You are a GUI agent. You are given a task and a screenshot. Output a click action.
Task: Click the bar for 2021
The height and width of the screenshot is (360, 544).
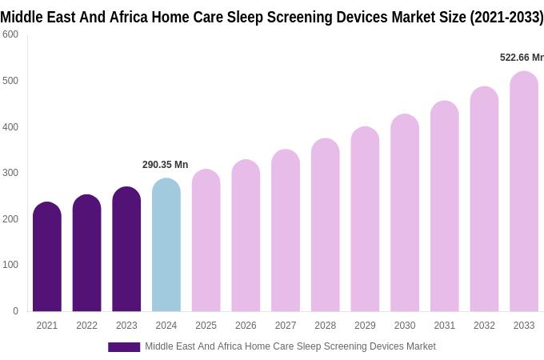(47, 258)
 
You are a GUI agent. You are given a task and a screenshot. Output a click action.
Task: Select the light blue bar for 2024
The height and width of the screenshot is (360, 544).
(166, 246)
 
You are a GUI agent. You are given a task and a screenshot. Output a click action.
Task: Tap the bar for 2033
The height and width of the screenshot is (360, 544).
(524, 192)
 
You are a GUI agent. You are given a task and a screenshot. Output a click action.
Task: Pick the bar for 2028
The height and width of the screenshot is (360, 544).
(326, 226)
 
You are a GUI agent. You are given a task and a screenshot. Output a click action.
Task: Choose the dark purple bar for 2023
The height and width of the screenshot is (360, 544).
(126, 250)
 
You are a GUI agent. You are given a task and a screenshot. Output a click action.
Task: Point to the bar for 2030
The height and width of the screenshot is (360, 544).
(405, 214)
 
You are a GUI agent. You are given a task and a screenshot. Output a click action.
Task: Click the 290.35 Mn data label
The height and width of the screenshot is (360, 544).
(166, 165)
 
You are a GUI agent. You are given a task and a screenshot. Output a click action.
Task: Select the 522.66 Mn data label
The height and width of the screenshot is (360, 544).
(522, 58)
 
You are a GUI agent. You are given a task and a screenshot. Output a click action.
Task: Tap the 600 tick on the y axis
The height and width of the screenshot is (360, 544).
(10, 34)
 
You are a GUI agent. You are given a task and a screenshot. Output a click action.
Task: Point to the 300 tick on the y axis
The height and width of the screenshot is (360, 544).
(10, 173)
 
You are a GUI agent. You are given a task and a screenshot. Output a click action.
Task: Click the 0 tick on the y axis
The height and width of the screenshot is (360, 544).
(15, 311)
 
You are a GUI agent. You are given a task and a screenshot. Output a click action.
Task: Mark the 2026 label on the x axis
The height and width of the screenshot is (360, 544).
(246, 326)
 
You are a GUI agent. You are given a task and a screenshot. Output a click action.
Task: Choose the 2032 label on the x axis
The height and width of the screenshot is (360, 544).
(484, 326)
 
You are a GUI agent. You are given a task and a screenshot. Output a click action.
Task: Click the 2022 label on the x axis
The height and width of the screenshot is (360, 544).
(86, 326)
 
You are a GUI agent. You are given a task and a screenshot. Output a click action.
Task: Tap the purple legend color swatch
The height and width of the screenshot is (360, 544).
(124, 347)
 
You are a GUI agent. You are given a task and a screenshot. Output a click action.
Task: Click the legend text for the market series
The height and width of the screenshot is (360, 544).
(290, 346)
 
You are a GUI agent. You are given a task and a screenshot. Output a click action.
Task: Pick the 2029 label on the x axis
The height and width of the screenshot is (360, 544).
(365, 326)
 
